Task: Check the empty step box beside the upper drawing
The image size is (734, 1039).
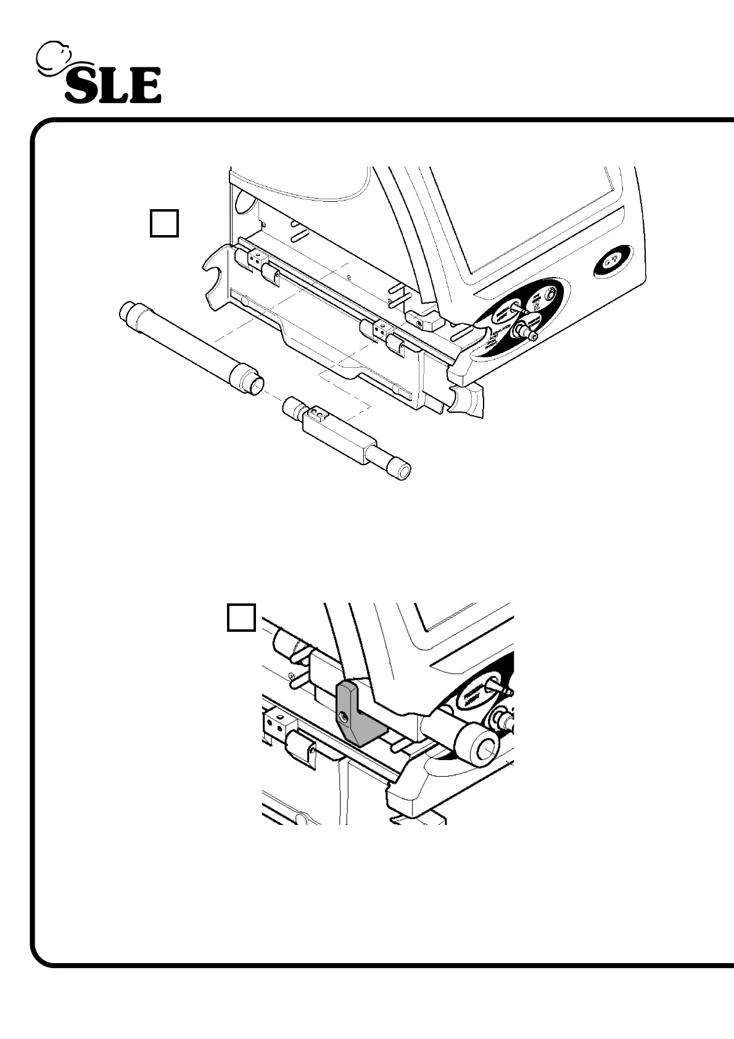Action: point(164,223)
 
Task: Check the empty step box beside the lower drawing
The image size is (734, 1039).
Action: point(241,618)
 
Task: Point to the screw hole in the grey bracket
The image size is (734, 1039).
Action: point(343,716)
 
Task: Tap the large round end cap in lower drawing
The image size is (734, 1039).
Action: point(482,747)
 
